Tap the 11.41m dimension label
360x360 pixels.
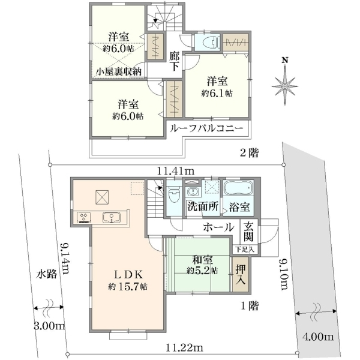click(x=176, y=171)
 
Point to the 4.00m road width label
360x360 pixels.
click(x=318, y=337)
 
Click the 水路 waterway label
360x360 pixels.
click(x=47, y=274)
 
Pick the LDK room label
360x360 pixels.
click(x=128, y=274)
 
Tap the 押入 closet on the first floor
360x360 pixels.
click(x=241, y=274)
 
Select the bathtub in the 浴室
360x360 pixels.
click(x=239, y=188)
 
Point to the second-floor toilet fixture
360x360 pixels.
click(x=207, y=42)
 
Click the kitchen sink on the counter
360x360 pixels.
click(x=112, y=217)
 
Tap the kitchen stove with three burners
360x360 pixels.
click(x=84, y=217)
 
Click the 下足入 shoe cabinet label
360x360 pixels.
click(x=245, y=250)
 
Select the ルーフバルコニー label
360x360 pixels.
click(x=206, y=128)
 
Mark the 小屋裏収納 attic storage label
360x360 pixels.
click(x=118, y=71)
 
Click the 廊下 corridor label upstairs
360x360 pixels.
click(x=174, y=62)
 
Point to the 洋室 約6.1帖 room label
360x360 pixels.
click(x=217, y=87)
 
